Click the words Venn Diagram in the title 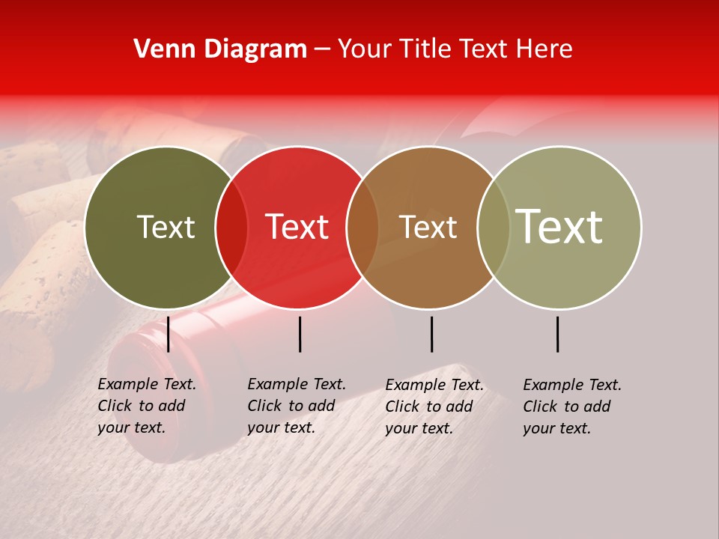point(220,49)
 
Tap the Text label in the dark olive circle point(166,227)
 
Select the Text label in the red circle point(297,227)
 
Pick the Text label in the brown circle point(428,227)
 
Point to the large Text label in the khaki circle point(559,227)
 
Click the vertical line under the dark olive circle point(168,334)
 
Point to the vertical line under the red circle point(300,334)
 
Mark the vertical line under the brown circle point(431,334)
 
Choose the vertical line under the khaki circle point(557,334)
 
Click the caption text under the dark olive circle point(146,406)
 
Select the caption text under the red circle point(296,406)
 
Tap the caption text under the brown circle point(434,406)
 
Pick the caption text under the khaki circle point(571,406)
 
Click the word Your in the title point(365,49)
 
